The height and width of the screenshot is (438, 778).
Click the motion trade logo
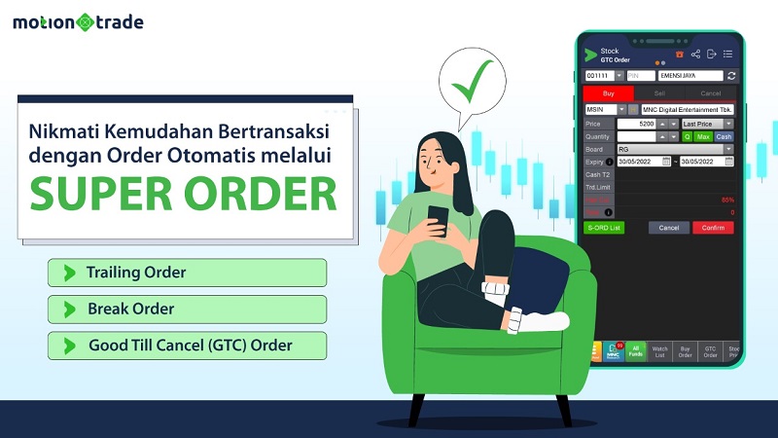(x=79, y=21)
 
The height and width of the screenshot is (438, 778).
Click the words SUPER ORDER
(x=183, y=193)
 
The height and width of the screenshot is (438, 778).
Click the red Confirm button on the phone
(x=713, y=228)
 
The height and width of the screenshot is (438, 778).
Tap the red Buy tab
(x=608, y=93)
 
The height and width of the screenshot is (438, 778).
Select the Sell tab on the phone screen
(x=660, y=93)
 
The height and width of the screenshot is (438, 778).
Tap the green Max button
(x=703, y=136)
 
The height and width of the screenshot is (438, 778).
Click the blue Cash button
(x=725, y=136)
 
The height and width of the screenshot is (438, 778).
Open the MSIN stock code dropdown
(x=621, y=110)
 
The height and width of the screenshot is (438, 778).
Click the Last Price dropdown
(x=708, y=124)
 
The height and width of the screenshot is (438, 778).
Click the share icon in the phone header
(x=695, y=54)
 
